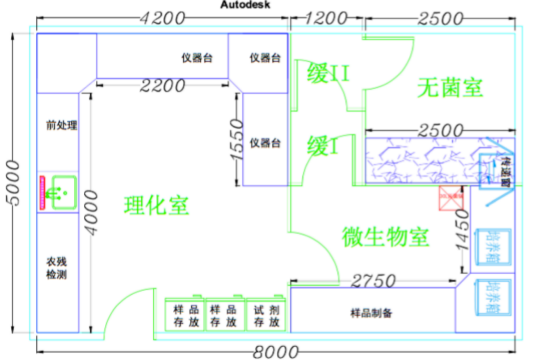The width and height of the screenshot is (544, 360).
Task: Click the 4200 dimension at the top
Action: (x=162, y=18)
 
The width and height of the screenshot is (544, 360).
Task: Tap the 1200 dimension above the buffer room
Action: (x=326, y=18)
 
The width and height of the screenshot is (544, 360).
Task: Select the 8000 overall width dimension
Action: (x=275, y=352)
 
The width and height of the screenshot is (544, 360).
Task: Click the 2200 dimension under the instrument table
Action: (x=162, y=86)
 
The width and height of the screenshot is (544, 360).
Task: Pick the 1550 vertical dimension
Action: (x=236, y=140)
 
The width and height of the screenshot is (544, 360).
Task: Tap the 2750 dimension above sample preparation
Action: (x=373, y=281)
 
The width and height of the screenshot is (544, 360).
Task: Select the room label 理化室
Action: (x=156, y=205)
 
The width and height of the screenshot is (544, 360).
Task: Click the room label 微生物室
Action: (x=385, y=236)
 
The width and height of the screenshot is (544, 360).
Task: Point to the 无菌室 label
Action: (x=450, y=88)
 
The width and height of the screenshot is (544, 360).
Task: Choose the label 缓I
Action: (x=323, y=146)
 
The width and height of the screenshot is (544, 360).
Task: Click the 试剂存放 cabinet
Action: (x=266, y=315)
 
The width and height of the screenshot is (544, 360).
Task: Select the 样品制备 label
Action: (x=371, y=313)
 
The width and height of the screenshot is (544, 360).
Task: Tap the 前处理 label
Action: (x=62, y=125)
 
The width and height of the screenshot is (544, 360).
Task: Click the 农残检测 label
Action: (x=57, y=268)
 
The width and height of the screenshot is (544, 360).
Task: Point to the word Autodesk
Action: (x=245, y=5)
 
